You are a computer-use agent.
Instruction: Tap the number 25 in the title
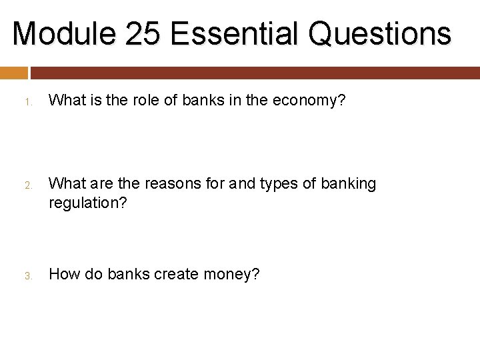(x=143, y=33)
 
